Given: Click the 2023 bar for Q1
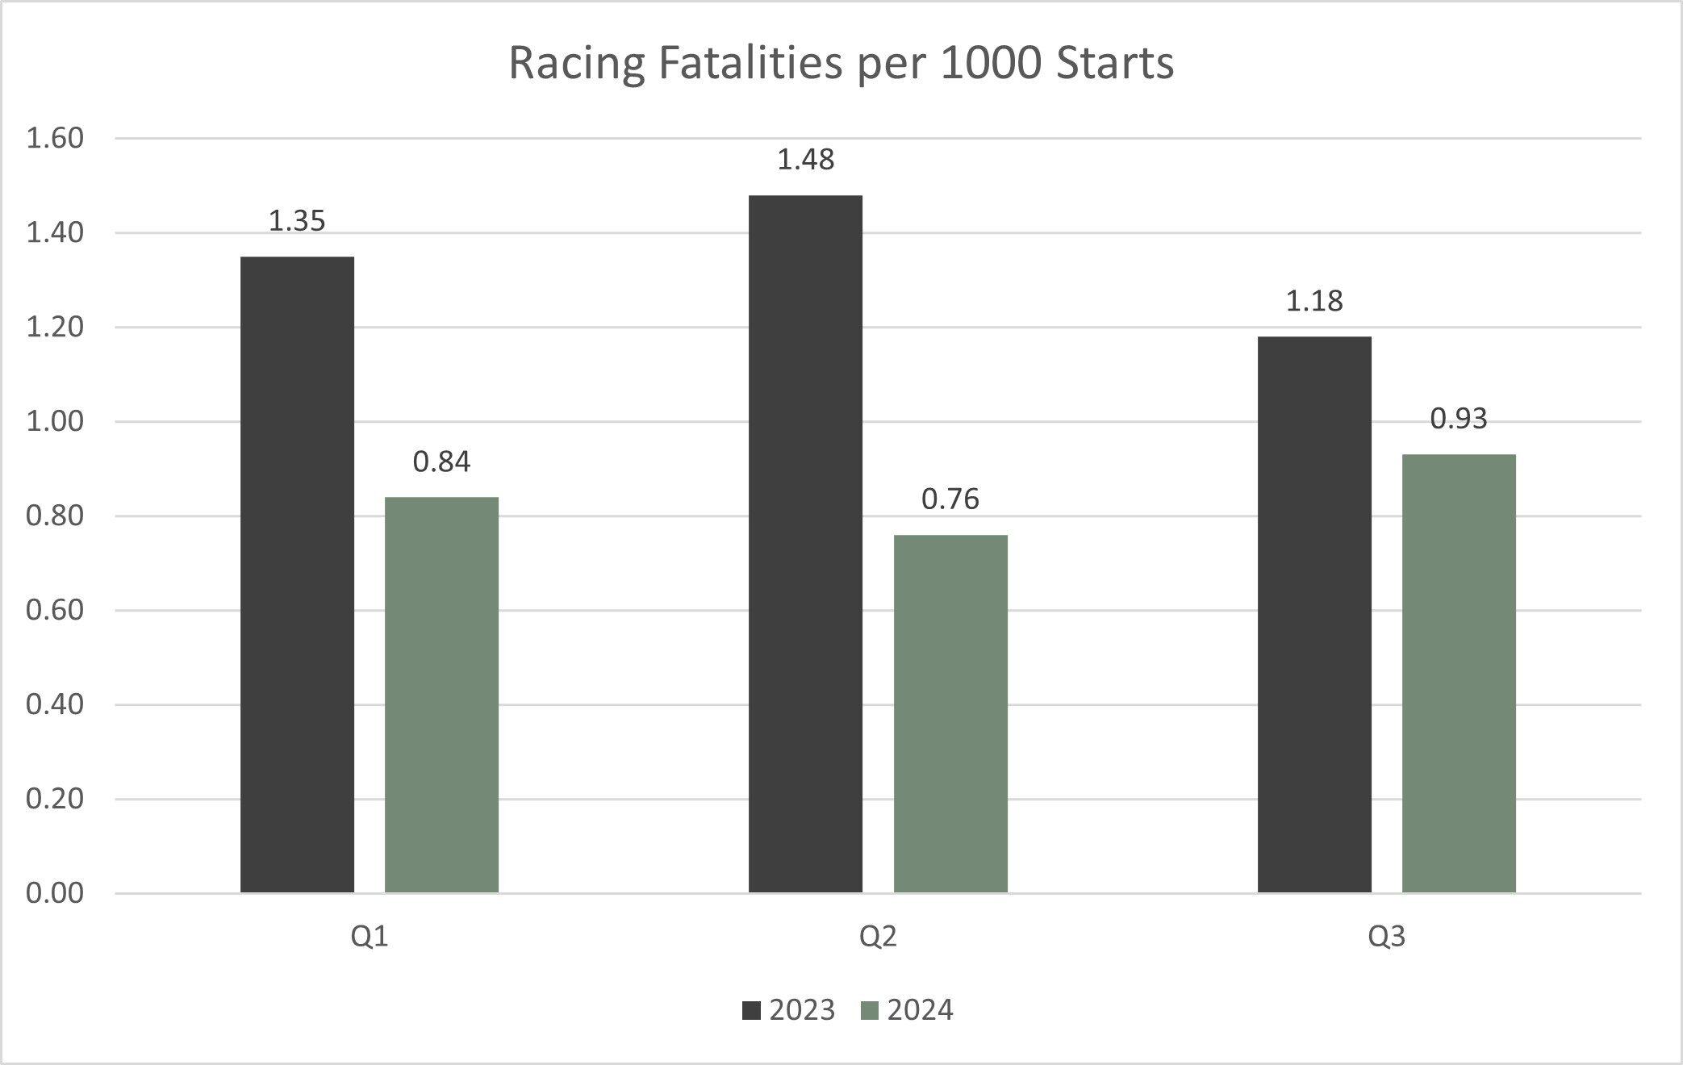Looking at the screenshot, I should click(x=297, y=574).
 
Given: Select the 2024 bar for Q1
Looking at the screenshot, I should click(x=441, y=695).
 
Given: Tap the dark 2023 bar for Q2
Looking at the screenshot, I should click(x=805, y=544).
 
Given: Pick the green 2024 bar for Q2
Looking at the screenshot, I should click(x=950, y=713).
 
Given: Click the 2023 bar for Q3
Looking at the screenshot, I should click(x=1314, y=614).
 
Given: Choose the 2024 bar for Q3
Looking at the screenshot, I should click(x=1459, y=673).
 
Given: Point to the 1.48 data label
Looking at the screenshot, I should click(x=805, y=160).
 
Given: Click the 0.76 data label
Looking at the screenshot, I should click(x=950, y=499).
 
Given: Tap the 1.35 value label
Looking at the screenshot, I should click(x=297, y=221).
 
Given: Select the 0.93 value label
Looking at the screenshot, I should click(x=1459, y=419).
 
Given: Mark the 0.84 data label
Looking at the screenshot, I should click(x=441, y=461).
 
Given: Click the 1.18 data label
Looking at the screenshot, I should click(x=1314, y=301).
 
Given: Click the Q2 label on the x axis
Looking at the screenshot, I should click(x=878, y=937).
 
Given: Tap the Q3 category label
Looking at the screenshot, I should click(x=1386, y=937).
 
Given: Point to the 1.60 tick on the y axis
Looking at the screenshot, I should click(x=55, y=139).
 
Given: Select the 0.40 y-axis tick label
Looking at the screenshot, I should click(x=55, y=704).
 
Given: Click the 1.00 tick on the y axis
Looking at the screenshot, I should click(x=55, y=421).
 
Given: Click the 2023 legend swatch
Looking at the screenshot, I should click(x=751, y=1011).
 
